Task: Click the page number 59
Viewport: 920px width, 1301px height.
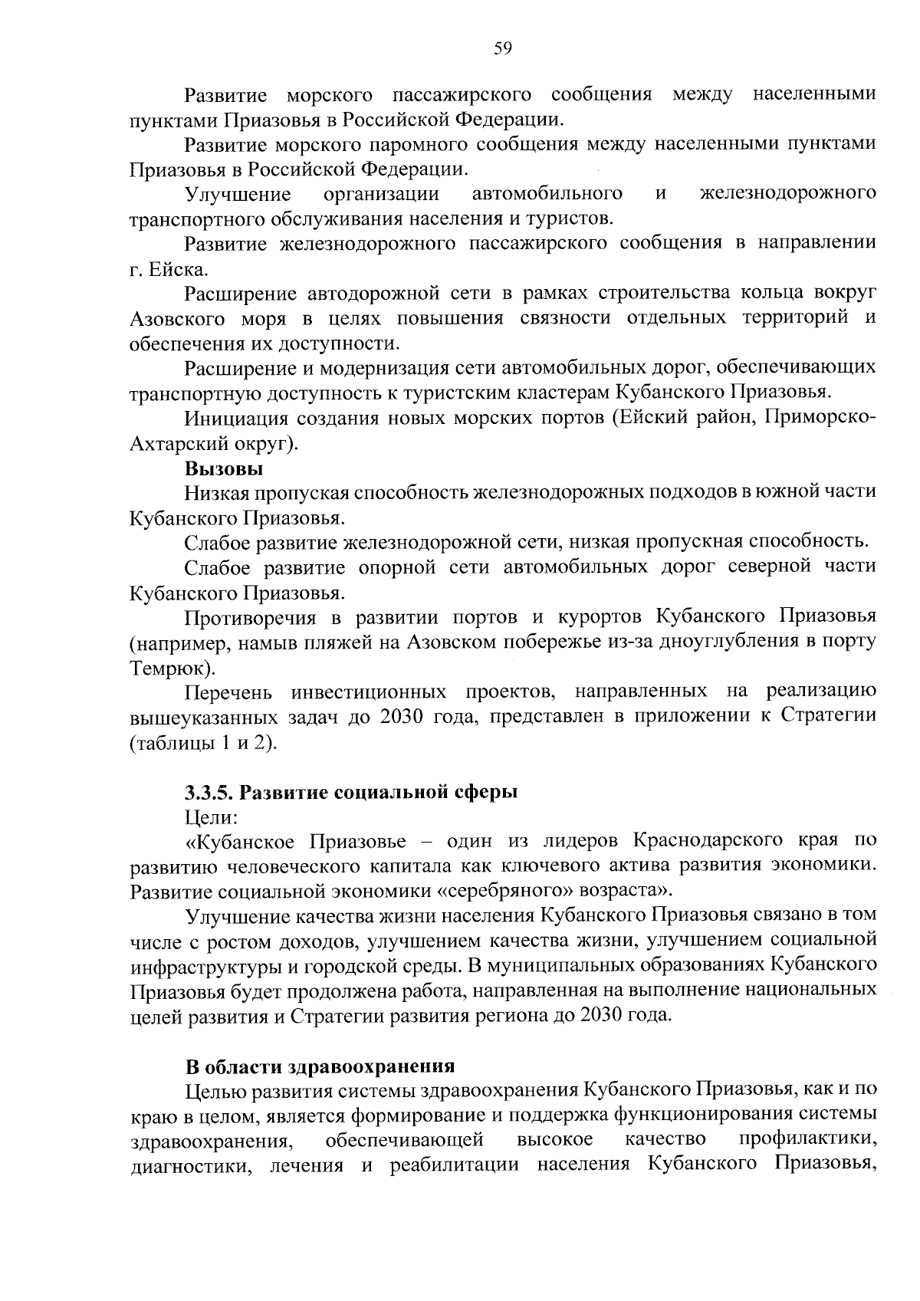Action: point(502,50)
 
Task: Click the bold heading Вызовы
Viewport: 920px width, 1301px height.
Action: point(224,468)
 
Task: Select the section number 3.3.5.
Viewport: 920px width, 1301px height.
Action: point(214,792)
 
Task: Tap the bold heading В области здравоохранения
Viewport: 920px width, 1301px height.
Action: point(320,1066)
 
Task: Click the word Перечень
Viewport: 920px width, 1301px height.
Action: point(228,692)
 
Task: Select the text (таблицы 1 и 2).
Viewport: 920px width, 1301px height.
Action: point(202,744)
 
